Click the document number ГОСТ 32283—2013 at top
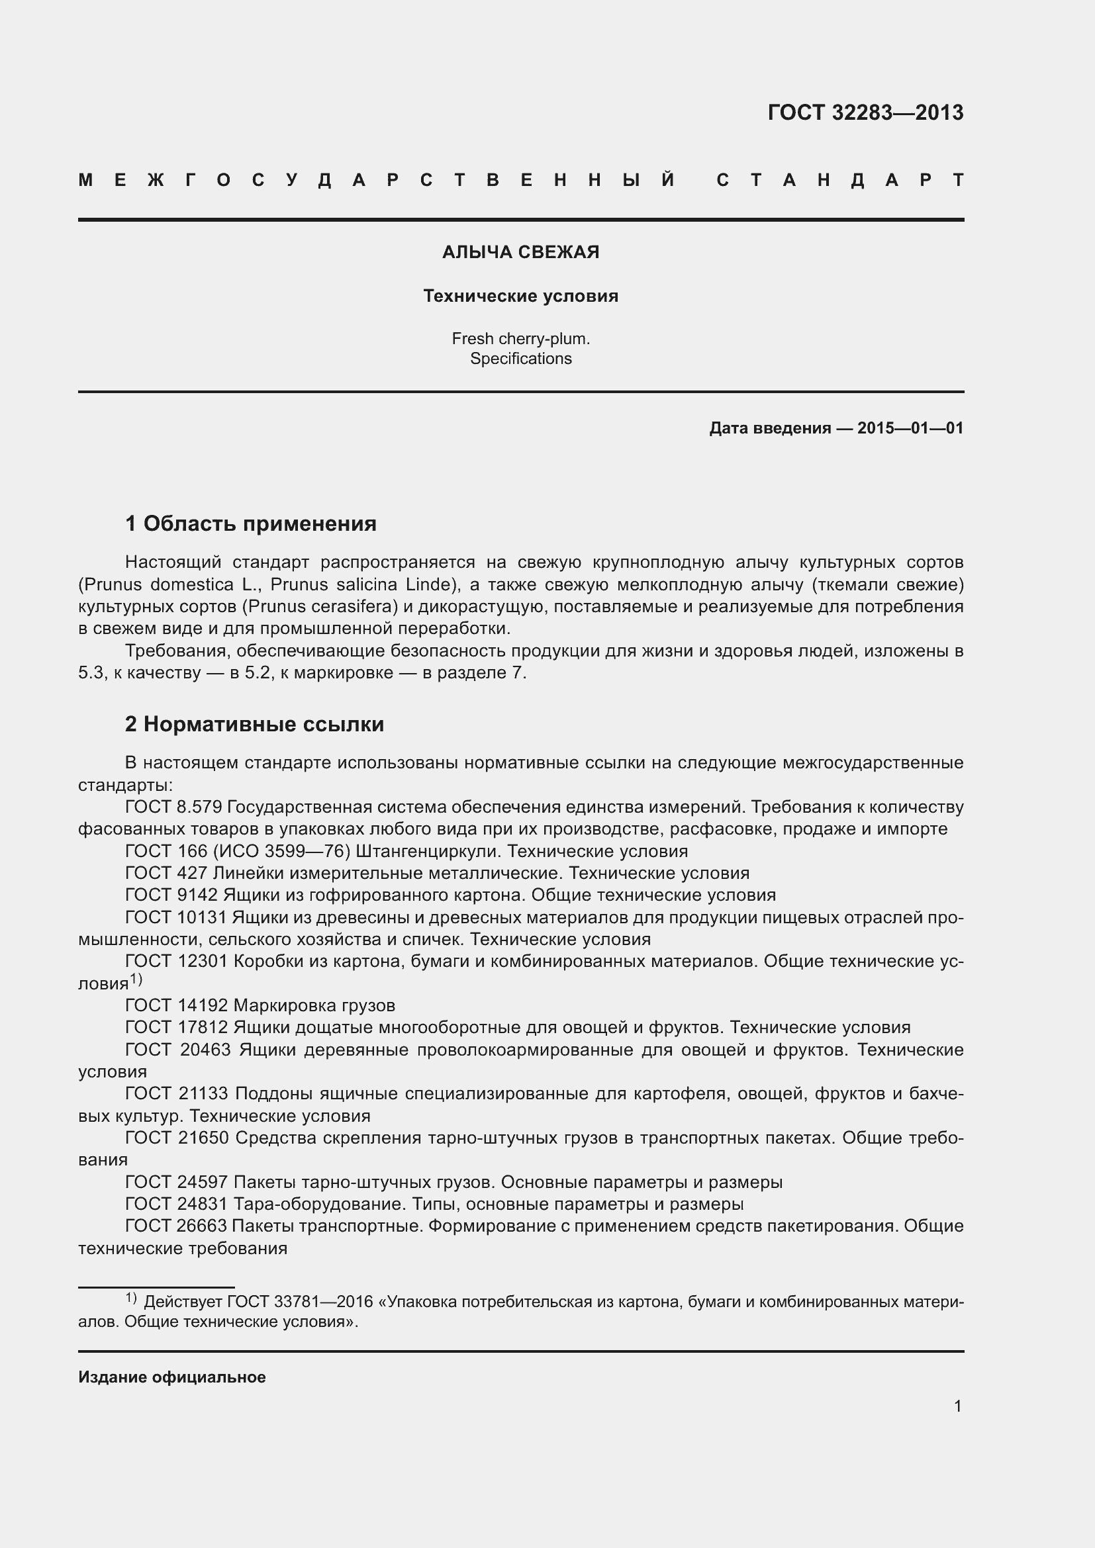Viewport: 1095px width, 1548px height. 865,113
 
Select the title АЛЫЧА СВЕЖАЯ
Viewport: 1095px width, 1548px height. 520,252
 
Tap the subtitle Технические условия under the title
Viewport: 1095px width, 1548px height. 520,296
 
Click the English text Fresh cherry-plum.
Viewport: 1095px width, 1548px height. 520,338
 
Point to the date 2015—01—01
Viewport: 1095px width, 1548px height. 910,428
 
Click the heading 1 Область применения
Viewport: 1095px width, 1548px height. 250,524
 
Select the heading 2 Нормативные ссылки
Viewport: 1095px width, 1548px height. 254,724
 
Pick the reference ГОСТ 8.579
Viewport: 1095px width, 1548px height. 173,807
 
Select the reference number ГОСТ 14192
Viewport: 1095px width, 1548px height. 177,1005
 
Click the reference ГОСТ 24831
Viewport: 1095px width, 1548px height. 177,1203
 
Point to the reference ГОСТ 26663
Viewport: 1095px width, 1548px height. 177,1226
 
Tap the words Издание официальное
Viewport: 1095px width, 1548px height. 172,1377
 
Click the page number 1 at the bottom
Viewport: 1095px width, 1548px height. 957,1406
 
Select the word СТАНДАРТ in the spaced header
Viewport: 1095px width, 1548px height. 839,180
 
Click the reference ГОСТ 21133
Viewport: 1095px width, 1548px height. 177,1093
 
